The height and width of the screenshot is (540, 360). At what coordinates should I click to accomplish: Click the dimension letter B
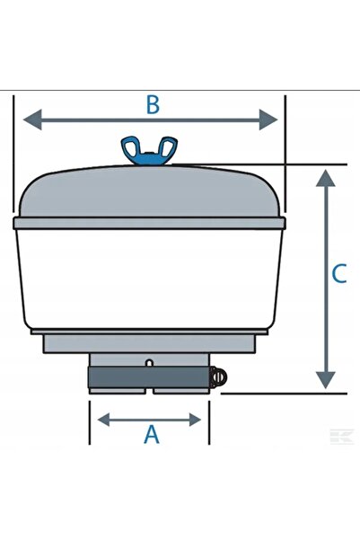(x=153, y=105)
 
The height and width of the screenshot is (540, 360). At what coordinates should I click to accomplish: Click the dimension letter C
(x=339, y=273)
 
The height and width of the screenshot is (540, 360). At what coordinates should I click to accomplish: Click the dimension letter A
(x=152, y=434)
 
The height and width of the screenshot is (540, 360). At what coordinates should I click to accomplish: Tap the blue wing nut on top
(x=149, y=150)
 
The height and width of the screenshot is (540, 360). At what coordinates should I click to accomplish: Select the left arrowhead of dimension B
(x=32, y=120)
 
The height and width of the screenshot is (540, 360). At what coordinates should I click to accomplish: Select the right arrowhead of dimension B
(x=268, y=120)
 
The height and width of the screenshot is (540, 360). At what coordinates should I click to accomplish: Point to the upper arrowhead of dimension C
(x=325, y=178)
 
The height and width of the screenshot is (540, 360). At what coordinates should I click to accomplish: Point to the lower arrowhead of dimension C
(x=325, y=381)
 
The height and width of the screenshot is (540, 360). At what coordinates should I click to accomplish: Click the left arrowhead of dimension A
(x=103, y=420)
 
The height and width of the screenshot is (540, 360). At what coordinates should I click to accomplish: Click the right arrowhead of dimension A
(x=195, y=420)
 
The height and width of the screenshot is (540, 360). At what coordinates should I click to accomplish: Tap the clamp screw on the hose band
(x=218, y=377)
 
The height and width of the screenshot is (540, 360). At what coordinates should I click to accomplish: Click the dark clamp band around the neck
(x=149, y=377)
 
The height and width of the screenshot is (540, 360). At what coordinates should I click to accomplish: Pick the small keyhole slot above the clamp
(x=149, y=363)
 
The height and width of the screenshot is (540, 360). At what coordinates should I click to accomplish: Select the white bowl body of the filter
(x=149, y=279)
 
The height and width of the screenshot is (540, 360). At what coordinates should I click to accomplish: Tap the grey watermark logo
(x=342, y=437)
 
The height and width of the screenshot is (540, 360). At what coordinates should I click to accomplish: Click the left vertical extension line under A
(x=90, y=422)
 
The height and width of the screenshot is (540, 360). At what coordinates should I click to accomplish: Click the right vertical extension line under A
(x=209, y=422)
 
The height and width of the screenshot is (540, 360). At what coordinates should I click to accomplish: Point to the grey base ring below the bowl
(x=149, y=343)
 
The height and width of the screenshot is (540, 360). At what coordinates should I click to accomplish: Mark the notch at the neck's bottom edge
(x=149, y=391)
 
